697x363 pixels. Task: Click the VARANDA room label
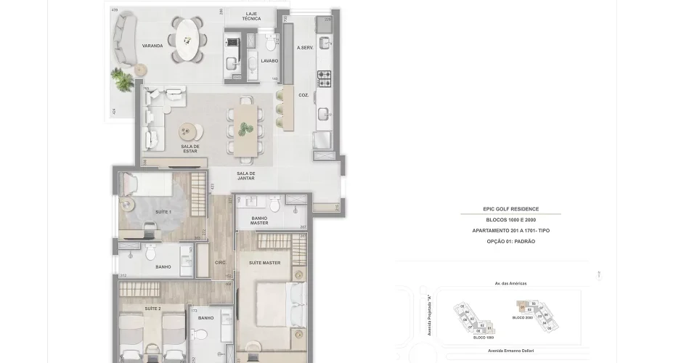click(x=152, y=46)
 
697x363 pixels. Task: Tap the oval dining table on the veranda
click(x=187, y=39)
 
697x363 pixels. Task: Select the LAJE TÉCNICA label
click(x=253, y=16)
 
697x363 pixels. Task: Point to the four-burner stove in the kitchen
click(x=325, y=75)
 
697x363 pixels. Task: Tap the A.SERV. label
click(x=304, y=48)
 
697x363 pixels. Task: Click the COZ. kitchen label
click(x=303, y=95)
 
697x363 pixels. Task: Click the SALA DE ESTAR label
click(x=190, y=149)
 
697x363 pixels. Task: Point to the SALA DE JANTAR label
click(x=246, y=176)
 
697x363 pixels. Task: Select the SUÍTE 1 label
click(x=163, y=212)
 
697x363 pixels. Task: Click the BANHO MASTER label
click(x=259, y=220)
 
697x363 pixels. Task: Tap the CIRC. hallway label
click(x=221, y=263)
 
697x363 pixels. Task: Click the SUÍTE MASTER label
click(x=264, y=263)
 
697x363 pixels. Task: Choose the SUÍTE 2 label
click(x=152, y=309)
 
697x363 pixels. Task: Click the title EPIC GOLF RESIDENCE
click(x=510, y=209)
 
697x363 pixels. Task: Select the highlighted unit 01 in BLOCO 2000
click(x=521, y=308)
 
